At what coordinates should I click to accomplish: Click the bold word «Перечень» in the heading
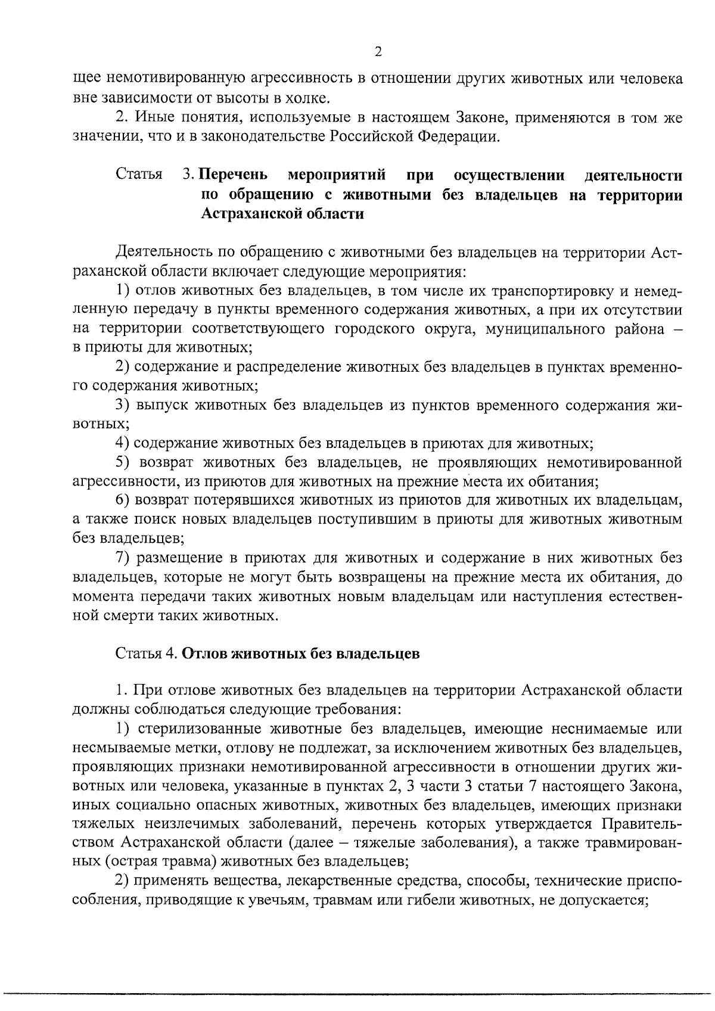(232, 176)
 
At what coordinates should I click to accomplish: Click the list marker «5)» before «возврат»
(123, 463)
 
